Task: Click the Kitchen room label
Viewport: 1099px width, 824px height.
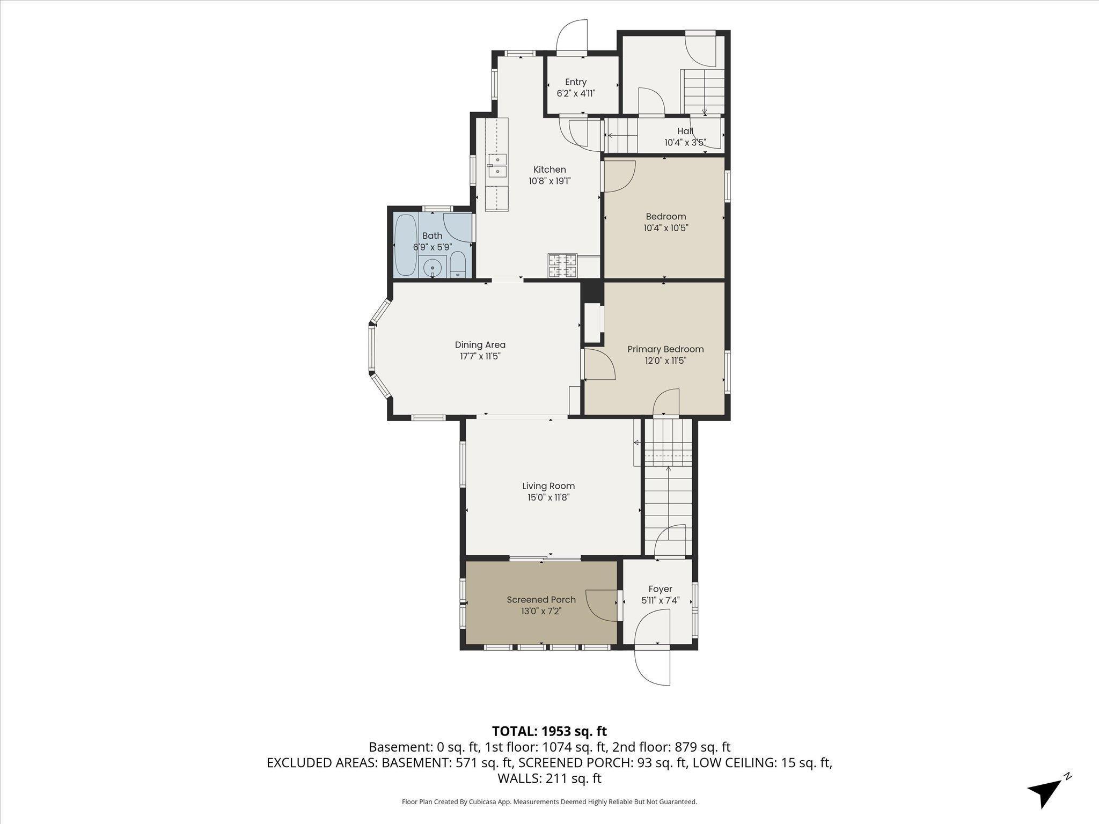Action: (x=549, y=170)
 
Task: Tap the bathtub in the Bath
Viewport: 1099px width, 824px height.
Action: (x=406, y=245)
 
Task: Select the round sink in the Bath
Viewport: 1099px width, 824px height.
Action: (x=432, y=268)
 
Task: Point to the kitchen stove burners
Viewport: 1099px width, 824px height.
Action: (x=562, y=266)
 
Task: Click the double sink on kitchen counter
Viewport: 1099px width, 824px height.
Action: (x=497, y=165)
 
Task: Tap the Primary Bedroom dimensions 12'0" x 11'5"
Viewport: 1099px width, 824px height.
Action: (x=665, y=361)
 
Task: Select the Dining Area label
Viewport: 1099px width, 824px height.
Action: (x=480, y=345)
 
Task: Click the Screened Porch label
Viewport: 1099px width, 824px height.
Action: (x=541, y=600)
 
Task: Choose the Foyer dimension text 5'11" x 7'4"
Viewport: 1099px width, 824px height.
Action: (x=660, y=600)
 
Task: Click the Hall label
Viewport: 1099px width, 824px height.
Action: (x=685, y=131)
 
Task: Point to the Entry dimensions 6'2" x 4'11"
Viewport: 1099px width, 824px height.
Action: (x=576, y=93)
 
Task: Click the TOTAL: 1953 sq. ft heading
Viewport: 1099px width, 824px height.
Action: (x=549, y=731)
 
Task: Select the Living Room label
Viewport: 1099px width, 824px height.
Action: (x=548, y=486)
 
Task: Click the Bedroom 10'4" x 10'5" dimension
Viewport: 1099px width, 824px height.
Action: (x=665, y=228)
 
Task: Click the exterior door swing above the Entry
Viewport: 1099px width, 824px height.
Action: (x=572, y=36)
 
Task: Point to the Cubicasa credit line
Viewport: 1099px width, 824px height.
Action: (x=549, y=802)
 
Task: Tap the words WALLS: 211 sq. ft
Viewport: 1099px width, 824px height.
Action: (x=549, y=778)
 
